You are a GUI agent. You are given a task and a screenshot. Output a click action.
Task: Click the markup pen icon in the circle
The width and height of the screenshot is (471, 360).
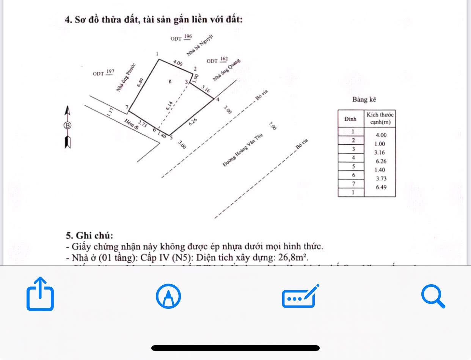tap(168, 296)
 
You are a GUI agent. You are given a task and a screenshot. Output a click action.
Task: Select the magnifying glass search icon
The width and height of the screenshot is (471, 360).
tap(433, 296)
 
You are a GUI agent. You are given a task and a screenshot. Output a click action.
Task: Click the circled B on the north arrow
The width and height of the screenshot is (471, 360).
tap(68, 125)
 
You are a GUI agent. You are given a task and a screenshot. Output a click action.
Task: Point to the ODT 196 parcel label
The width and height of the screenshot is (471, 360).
tap(181, 38)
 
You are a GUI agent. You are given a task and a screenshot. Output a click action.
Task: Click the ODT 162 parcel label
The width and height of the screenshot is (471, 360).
tap(217, 60)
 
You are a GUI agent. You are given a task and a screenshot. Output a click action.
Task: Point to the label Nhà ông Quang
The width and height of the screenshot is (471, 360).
tap(226, 70)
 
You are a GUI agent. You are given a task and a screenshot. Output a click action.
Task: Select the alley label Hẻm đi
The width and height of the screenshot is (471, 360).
tap(132, 124)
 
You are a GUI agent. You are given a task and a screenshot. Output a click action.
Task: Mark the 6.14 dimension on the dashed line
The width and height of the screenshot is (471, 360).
tap(169, 106)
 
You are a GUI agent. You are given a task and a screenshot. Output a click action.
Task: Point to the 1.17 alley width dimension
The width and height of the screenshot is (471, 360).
tap(110, 111)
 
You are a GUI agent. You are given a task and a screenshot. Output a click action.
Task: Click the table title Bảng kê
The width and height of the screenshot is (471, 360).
tap(364, 100)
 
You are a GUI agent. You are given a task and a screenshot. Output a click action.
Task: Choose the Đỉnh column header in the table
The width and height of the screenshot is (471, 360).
tap(351, 119)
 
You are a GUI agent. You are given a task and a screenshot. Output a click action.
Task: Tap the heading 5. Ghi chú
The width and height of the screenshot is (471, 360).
tap(89, 235)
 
